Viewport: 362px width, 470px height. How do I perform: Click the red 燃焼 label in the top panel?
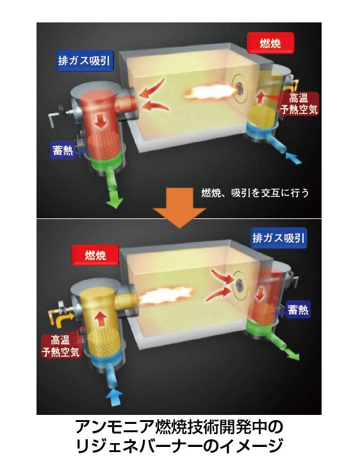[270, 43]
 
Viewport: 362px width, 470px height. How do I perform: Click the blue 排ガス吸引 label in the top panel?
[85, 61]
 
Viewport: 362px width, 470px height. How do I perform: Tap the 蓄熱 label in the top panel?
[63, 150]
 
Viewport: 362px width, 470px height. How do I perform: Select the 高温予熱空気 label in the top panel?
[299, 104]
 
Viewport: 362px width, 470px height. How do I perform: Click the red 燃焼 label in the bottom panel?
[95, 255]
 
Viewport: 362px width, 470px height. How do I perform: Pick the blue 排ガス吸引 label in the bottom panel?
[279, 238]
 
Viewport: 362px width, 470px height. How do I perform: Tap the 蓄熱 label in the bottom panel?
[297, 309]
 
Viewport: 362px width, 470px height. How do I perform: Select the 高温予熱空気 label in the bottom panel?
[61, 346]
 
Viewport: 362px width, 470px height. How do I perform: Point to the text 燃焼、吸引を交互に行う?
[255, 193]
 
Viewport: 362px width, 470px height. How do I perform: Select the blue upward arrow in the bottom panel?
[115, 396]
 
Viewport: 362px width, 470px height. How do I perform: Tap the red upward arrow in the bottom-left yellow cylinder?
[101, 319]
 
